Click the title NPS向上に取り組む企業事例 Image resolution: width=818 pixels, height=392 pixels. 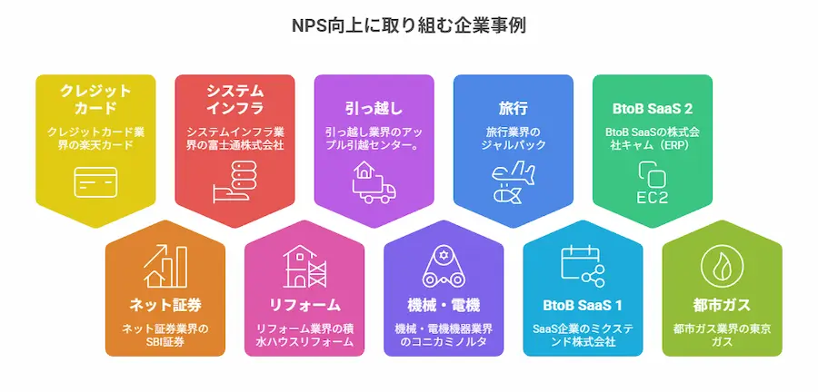pos(408,25)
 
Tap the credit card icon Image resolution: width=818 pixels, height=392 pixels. pos(95,182)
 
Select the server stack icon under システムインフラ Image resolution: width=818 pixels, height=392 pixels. pos(234,181)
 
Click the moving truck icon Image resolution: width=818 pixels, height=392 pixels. pos(374,181)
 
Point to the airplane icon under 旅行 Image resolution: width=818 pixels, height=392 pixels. pos(514,181)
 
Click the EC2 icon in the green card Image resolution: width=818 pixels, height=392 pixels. pos(652,182)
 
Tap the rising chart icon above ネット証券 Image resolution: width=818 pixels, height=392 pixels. pos(165,266)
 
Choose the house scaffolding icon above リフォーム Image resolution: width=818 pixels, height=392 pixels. pos(304,266)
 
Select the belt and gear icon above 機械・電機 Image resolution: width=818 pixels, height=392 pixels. pos(444,266)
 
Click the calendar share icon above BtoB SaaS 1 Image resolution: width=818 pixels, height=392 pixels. pos(583,266)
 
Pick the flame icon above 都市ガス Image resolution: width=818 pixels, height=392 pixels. pos(722,266)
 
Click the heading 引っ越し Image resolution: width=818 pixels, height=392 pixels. pos(374,108)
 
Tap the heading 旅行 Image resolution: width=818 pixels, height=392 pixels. pos(514,108)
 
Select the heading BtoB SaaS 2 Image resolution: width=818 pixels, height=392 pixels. pos(652,109)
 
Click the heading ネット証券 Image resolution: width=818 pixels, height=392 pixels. pos(165,305)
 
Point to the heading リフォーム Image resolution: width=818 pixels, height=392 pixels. pos(304,305)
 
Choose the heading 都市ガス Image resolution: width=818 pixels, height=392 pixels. pos(722,305)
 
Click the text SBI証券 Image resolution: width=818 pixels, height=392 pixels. pos(165,342)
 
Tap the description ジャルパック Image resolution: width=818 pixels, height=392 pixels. pos(514,144)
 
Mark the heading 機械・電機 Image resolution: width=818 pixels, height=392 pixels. pos(444,305)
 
